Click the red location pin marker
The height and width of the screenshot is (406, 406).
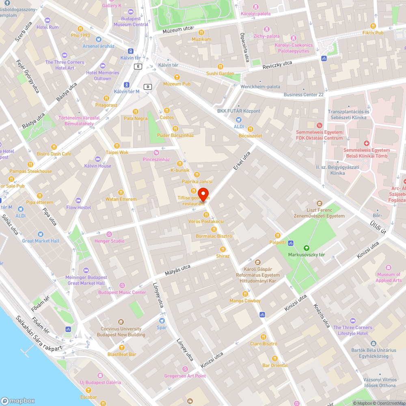click(x=204, y=194)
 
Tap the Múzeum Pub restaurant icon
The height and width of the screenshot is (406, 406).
click(x=177, y=77)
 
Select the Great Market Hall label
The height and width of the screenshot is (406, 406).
click(x=41, y=241)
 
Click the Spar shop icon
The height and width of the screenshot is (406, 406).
click(x=162, y=320)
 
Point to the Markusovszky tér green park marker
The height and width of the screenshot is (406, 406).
click(x=306, y=248)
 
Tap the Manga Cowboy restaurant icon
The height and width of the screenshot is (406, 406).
click(x=245, y=294)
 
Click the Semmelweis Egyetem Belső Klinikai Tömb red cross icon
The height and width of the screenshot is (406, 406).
click(x=366, y=143)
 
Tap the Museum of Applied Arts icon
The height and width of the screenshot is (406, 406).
click(x=389, y=268)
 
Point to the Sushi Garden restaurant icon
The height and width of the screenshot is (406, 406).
click(x=220, y=67)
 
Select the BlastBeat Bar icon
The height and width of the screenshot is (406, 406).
click(x=121, y=348)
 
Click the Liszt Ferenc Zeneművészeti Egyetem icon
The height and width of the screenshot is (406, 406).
click(x=320, y=203)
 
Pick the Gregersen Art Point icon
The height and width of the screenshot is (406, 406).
click(x=185, y=369)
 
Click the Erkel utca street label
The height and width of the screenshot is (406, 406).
click(x=242, y=161)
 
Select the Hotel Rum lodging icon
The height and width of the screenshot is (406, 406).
click(x=48, y=20)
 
